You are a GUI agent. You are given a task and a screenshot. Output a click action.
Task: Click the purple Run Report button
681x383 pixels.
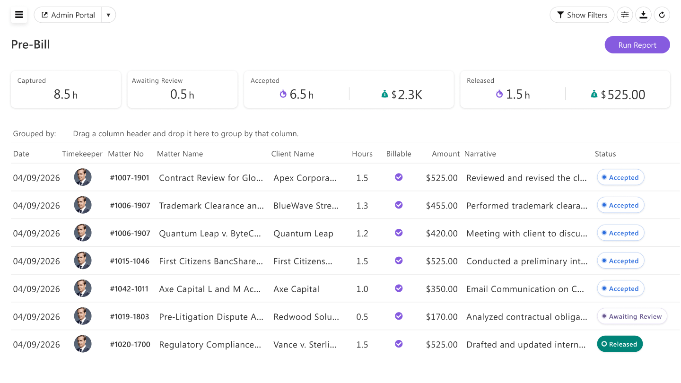click(637, 44)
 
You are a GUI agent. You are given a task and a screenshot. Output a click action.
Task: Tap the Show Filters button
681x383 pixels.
click(582, 15)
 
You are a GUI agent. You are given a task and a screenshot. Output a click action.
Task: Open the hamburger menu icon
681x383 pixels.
click(19, 15)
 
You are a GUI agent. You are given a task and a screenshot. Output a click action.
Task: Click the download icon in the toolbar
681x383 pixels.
click(643, 15)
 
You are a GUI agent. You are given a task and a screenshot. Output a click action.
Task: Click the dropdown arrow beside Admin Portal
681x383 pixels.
click(108, 15)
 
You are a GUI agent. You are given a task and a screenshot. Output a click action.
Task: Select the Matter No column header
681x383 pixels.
click(126, 154)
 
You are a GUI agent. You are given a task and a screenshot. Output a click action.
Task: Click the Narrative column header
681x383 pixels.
click(480, 154)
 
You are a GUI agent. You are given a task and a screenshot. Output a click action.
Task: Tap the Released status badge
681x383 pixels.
click(620, 344)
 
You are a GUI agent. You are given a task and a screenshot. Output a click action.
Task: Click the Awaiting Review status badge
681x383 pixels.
click(632, 316)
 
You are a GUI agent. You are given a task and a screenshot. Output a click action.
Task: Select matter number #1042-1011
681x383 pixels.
click(129, 289)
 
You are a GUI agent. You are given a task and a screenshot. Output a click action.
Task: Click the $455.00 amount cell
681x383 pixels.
click(442, 206)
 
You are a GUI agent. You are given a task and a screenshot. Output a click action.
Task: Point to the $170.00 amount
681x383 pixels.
click(442, 317)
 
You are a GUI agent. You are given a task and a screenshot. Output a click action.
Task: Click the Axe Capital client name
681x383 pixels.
click(296, 289)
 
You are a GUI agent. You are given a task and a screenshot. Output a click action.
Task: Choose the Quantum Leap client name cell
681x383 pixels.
click(303, 234)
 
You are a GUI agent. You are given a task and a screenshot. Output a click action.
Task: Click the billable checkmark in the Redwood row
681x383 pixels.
click(399, 316)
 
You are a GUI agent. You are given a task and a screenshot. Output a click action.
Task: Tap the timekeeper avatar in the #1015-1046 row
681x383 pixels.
click(83, 261)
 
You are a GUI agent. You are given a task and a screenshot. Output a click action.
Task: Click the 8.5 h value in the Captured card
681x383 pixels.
click(66, 95)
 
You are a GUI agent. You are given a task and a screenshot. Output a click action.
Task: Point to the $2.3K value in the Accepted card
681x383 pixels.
click(407, 95)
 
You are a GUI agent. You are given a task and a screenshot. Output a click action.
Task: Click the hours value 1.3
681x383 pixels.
click(362, 206)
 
